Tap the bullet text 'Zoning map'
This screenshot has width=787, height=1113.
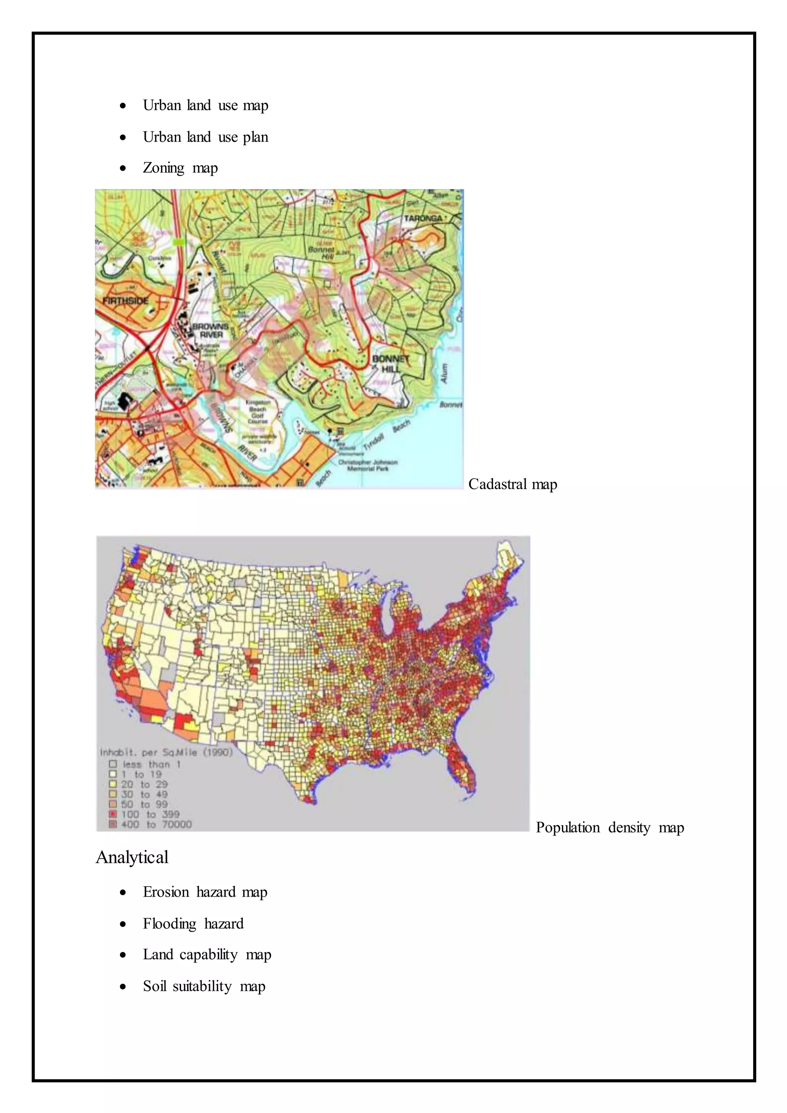[x=180, y=168]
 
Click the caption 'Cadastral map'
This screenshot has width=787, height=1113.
[x=513, y=484]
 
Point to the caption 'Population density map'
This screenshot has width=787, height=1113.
[x=609, y=827]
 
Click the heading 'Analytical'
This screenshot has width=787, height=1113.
[x=132, y=857]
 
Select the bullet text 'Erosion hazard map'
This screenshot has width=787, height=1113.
[x=205, y=892]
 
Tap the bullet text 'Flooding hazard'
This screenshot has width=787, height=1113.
[x=193, y=924]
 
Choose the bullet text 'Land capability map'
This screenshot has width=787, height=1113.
[x=207, y=955]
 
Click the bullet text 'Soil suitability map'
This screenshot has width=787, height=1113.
[x=204, y=987]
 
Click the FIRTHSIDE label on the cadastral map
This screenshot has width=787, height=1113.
[x=126, y=301]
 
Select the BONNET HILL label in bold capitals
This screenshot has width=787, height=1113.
[x=390, y=364]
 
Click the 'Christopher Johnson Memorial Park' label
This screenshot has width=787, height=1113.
[x=368, y=465]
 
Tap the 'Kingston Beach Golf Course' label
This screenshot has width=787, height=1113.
[x=258, y=412]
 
